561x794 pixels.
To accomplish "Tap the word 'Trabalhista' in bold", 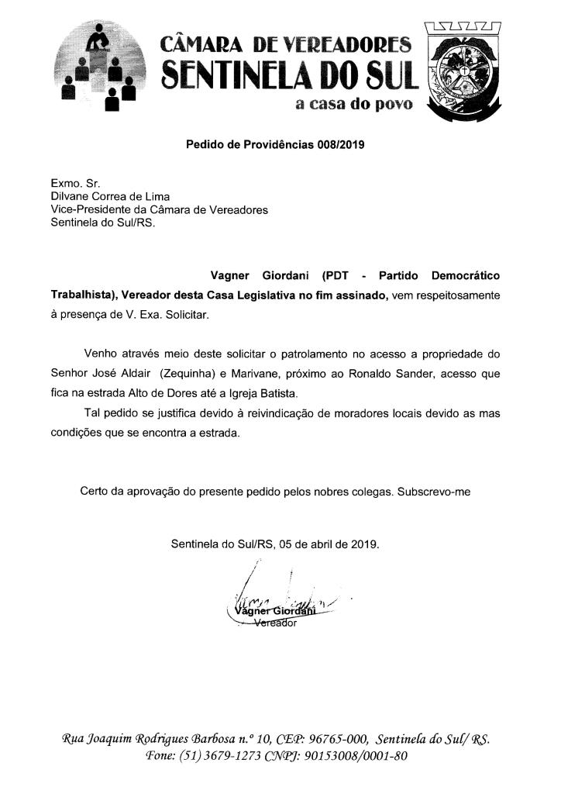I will (83, 296).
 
